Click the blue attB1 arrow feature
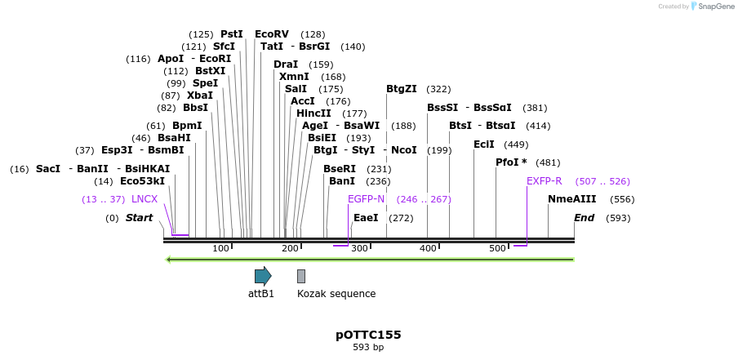coord(262,276)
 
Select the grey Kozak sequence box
coord(301,276)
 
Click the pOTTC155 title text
coord(368,335)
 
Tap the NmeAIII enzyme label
coord(572,199)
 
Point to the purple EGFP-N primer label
coord(366,199)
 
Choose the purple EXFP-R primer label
coord(544,181)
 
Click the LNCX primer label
coord(144,199)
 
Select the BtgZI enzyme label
coord(402,89)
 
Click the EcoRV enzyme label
coord(272,34)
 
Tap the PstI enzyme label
coord(232,34)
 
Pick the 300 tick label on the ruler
coord(358,248)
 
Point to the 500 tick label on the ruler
coord(496,248)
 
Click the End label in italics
coord(585,218)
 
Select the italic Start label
coord(139,218)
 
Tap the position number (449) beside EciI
coord(516,144)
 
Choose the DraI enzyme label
coord(286,64)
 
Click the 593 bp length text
coord(368,347)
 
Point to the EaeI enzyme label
coord(366,218)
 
